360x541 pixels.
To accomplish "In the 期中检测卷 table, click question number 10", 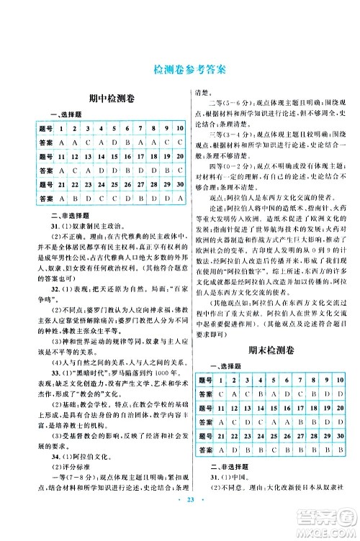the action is pyautogui.click(x=176, y=129).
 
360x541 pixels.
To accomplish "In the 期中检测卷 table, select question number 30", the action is pyautogui.click(x=176, y=198).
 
